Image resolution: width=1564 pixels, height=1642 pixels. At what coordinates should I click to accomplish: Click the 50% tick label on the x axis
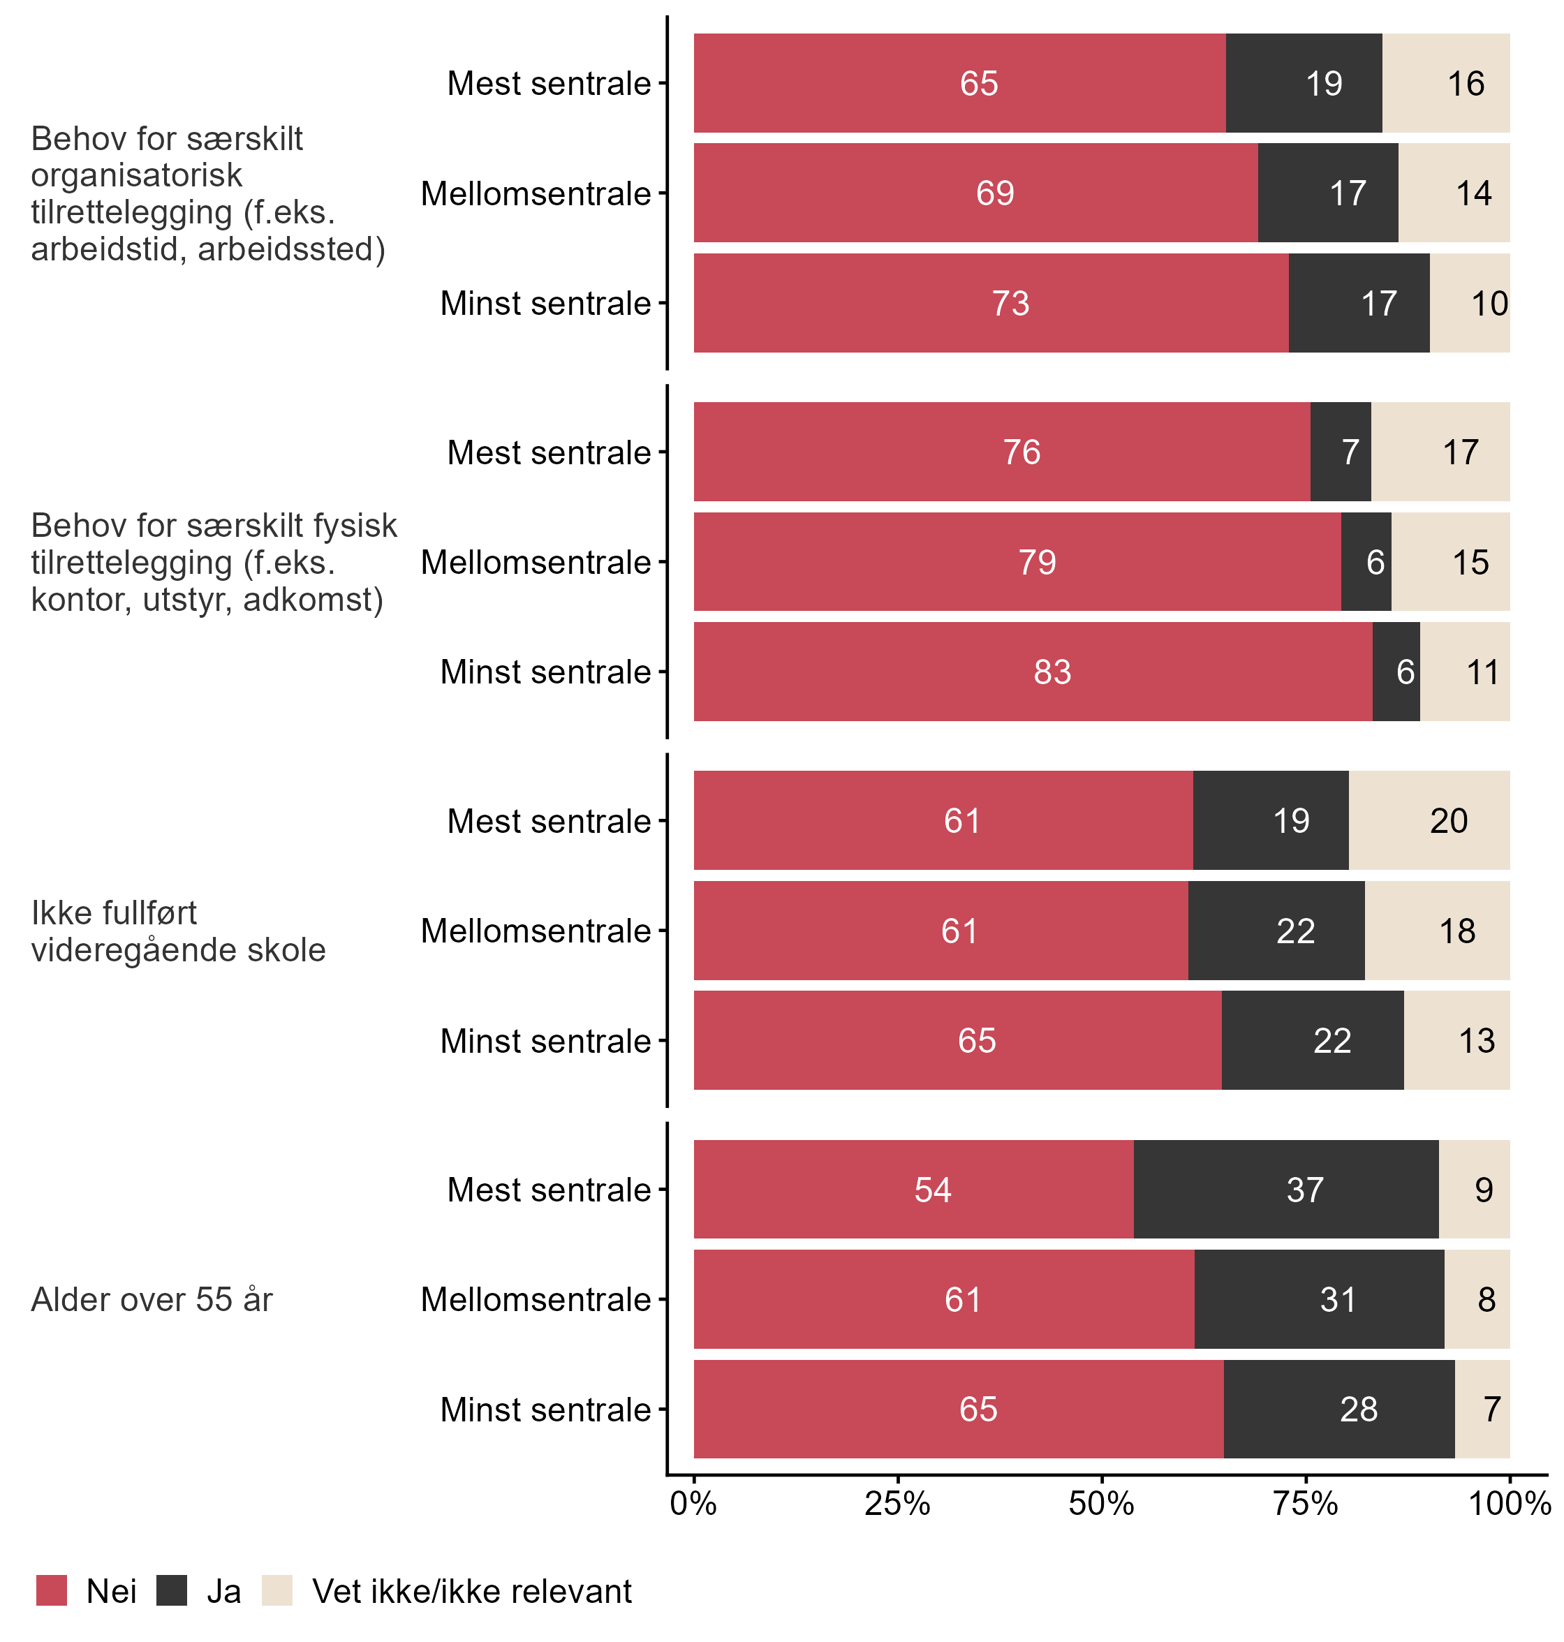point(1101,1504)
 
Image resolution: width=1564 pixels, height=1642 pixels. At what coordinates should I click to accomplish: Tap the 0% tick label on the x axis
point(693,1504)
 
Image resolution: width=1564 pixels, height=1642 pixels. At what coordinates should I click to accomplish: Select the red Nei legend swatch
point(52,1590)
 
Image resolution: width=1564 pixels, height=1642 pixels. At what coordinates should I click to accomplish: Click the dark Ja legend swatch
point(172,1590)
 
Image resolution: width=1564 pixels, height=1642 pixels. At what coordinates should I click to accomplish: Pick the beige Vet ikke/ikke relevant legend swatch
point(278,1590)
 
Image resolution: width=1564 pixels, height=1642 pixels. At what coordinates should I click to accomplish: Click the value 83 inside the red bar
point(1052,672)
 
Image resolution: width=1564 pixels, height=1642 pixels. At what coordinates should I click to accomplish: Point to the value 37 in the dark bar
point(1305,1190)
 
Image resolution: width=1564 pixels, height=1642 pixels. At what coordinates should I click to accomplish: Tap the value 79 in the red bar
point(1037,563)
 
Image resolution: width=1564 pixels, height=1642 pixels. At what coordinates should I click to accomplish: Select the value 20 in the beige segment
point(1449,821)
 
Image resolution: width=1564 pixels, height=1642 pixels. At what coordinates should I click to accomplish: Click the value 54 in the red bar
point(932,1190)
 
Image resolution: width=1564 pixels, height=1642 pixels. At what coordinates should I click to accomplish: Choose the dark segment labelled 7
point(1341,452)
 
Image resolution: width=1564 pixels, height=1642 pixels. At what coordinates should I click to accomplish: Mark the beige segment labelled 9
point(1475,1190)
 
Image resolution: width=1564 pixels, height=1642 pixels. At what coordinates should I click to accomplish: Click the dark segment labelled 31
point(1320,1299)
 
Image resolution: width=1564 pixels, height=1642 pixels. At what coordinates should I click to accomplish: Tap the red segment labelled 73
point(991,304)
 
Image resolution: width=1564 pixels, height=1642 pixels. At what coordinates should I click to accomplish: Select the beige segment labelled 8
point(1477,1299)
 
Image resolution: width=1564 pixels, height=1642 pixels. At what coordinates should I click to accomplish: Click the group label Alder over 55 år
point(152,1299)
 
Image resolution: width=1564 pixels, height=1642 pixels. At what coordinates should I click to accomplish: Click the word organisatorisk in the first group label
point(137,175)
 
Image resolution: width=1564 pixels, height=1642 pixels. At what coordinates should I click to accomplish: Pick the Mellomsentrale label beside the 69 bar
point(536,193)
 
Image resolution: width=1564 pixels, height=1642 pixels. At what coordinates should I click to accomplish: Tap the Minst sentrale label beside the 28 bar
point(545,1410)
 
